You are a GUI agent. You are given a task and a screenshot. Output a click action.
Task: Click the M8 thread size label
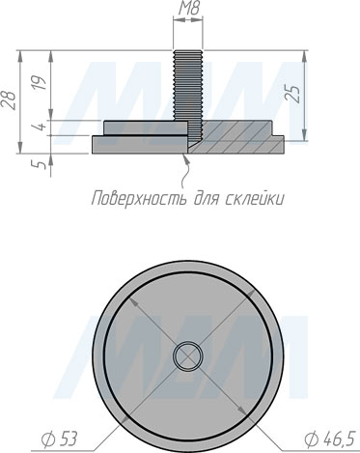click(188, 9)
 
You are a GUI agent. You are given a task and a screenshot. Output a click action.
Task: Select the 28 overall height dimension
click(9, 100)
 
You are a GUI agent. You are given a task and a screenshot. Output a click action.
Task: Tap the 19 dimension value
click(41, 83)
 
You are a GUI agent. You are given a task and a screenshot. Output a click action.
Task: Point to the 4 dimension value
click(41, 127)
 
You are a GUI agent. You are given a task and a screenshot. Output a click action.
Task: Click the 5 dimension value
click(41, 165)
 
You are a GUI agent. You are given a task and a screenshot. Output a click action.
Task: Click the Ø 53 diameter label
click(60, 439)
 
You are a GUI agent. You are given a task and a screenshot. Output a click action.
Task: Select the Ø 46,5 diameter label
click(329, 439)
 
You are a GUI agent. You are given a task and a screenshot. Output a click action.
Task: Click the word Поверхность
click(139, 198)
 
